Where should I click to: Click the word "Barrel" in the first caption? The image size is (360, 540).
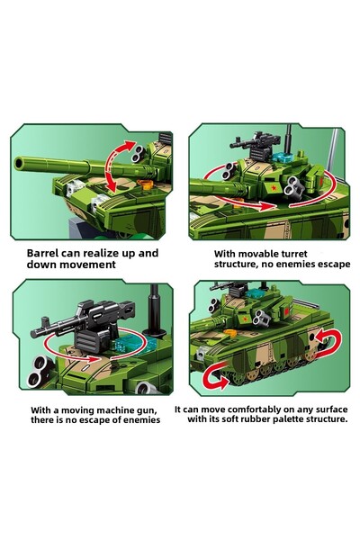coord(47,254)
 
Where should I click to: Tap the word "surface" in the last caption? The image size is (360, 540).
coord(327,408)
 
